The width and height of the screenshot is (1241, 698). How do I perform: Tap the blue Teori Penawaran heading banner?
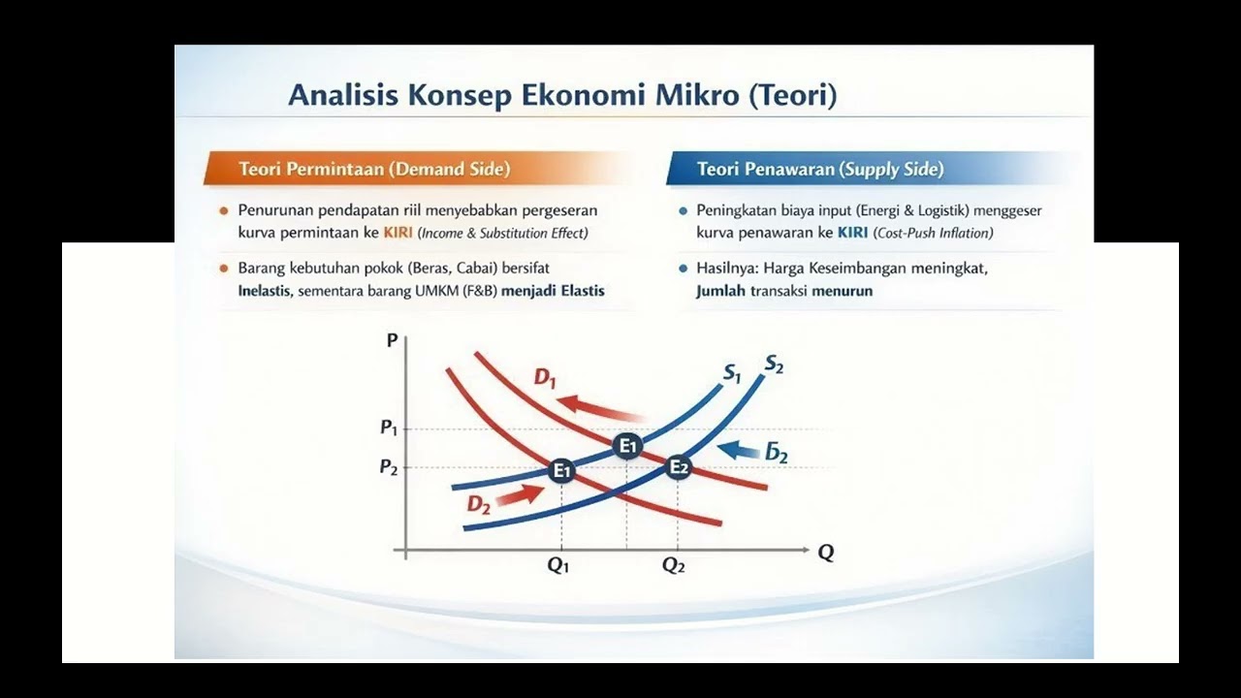tap(873, 169)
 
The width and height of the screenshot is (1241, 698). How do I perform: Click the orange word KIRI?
tap(398, 233)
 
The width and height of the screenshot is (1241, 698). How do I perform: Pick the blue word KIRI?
tap(852, 233)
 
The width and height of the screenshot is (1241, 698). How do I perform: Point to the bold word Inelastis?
tap(264, 291)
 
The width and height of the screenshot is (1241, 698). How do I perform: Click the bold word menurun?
tap(843, 291)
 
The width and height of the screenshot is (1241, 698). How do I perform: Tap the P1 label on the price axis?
tap(389, 428)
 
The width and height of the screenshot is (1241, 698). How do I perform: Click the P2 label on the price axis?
tap(389, 467)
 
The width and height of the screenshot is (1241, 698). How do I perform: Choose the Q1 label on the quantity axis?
tap(557, 565)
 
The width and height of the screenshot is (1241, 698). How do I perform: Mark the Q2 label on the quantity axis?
tap(674, 565)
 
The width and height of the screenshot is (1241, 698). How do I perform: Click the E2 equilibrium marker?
tap(678, 467)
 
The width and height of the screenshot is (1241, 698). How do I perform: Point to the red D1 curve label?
tap(545, 378)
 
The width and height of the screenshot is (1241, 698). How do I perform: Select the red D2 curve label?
tap(479, 505)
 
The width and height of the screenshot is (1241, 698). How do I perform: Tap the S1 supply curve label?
tap(732, 374)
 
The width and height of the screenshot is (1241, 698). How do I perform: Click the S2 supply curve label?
tap(774, 364)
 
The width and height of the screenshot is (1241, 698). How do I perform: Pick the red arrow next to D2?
tap(520, 494)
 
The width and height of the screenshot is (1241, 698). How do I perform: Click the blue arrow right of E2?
tap(739, 450)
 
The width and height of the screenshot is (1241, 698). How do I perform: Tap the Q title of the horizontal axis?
tap(825, 553)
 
